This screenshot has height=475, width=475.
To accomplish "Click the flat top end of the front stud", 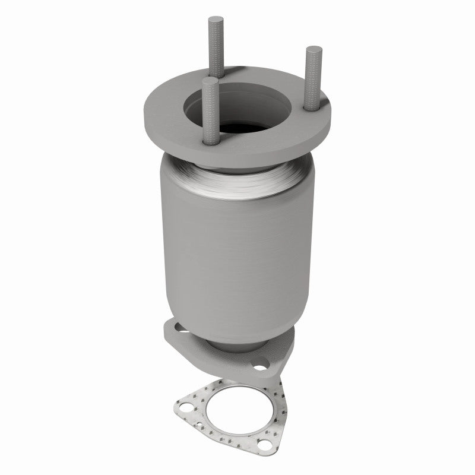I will pos(208,81).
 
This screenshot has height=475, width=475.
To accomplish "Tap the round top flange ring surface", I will pos(166,119).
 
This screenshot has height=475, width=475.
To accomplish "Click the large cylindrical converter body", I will pos(237,249).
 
